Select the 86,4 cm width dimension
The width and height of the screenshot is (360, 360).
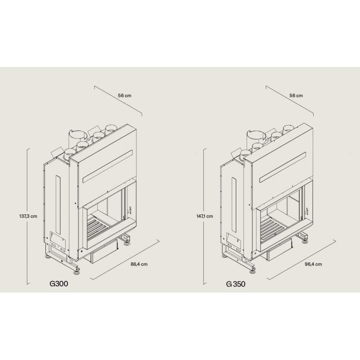tap(138, 264)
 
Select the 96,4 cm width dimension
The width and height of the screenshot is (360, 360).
tap(313, 264)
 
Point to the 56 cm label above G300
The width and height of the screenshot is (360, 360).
tap(124, 95)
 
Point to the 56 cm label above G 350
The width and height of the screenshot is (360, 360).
tap(296, 95)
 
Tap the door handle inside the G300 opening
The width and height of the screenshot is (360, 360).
tap(130, 209)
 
